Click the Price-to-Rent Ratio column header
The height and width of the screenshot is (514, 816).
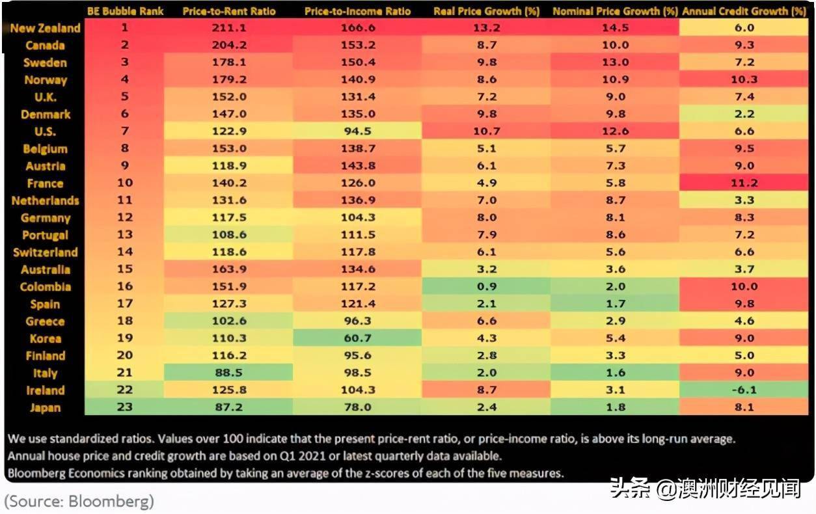pos(229,12)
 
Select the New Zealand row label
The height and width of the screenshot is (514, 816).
pos(46,29)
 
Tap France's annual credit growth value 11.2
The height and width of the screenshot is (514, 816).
pos(744,183)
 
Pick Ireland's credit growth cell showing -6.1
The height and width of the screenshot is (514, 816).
pos(744,390)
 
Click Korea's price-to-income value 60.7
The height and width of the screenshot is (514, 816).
pos(357,338)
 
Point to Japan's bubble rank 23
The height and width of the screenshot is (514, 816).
pos(125,408)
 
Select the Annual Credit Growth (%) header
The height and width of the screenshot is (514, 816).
pos(744,12)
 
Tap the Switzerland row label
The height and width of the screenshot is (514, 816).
pos(46,252)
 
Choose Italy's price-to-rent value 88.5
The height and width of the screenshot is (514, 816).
pos(230,373)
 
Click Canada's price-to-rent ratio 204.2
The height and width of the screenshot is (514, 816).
pos(230,46)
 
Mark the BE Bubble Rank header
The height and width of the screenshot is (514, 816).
pos(125,12)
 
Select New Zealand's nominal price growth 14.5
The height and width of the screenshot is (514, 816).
pos(615,29)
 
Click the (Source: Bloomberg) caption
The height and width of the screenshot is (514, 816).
pos(79,502)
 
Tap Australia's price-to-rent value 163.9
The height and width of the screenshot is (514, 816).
pos(230,269)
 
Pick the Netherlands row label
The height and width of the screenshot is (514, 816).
pos(46,200)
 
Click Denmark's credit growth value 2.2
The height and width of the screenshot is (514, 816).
pos(744,115)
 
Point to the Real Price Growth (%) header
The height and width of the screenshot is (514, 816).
pos(487,12)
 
